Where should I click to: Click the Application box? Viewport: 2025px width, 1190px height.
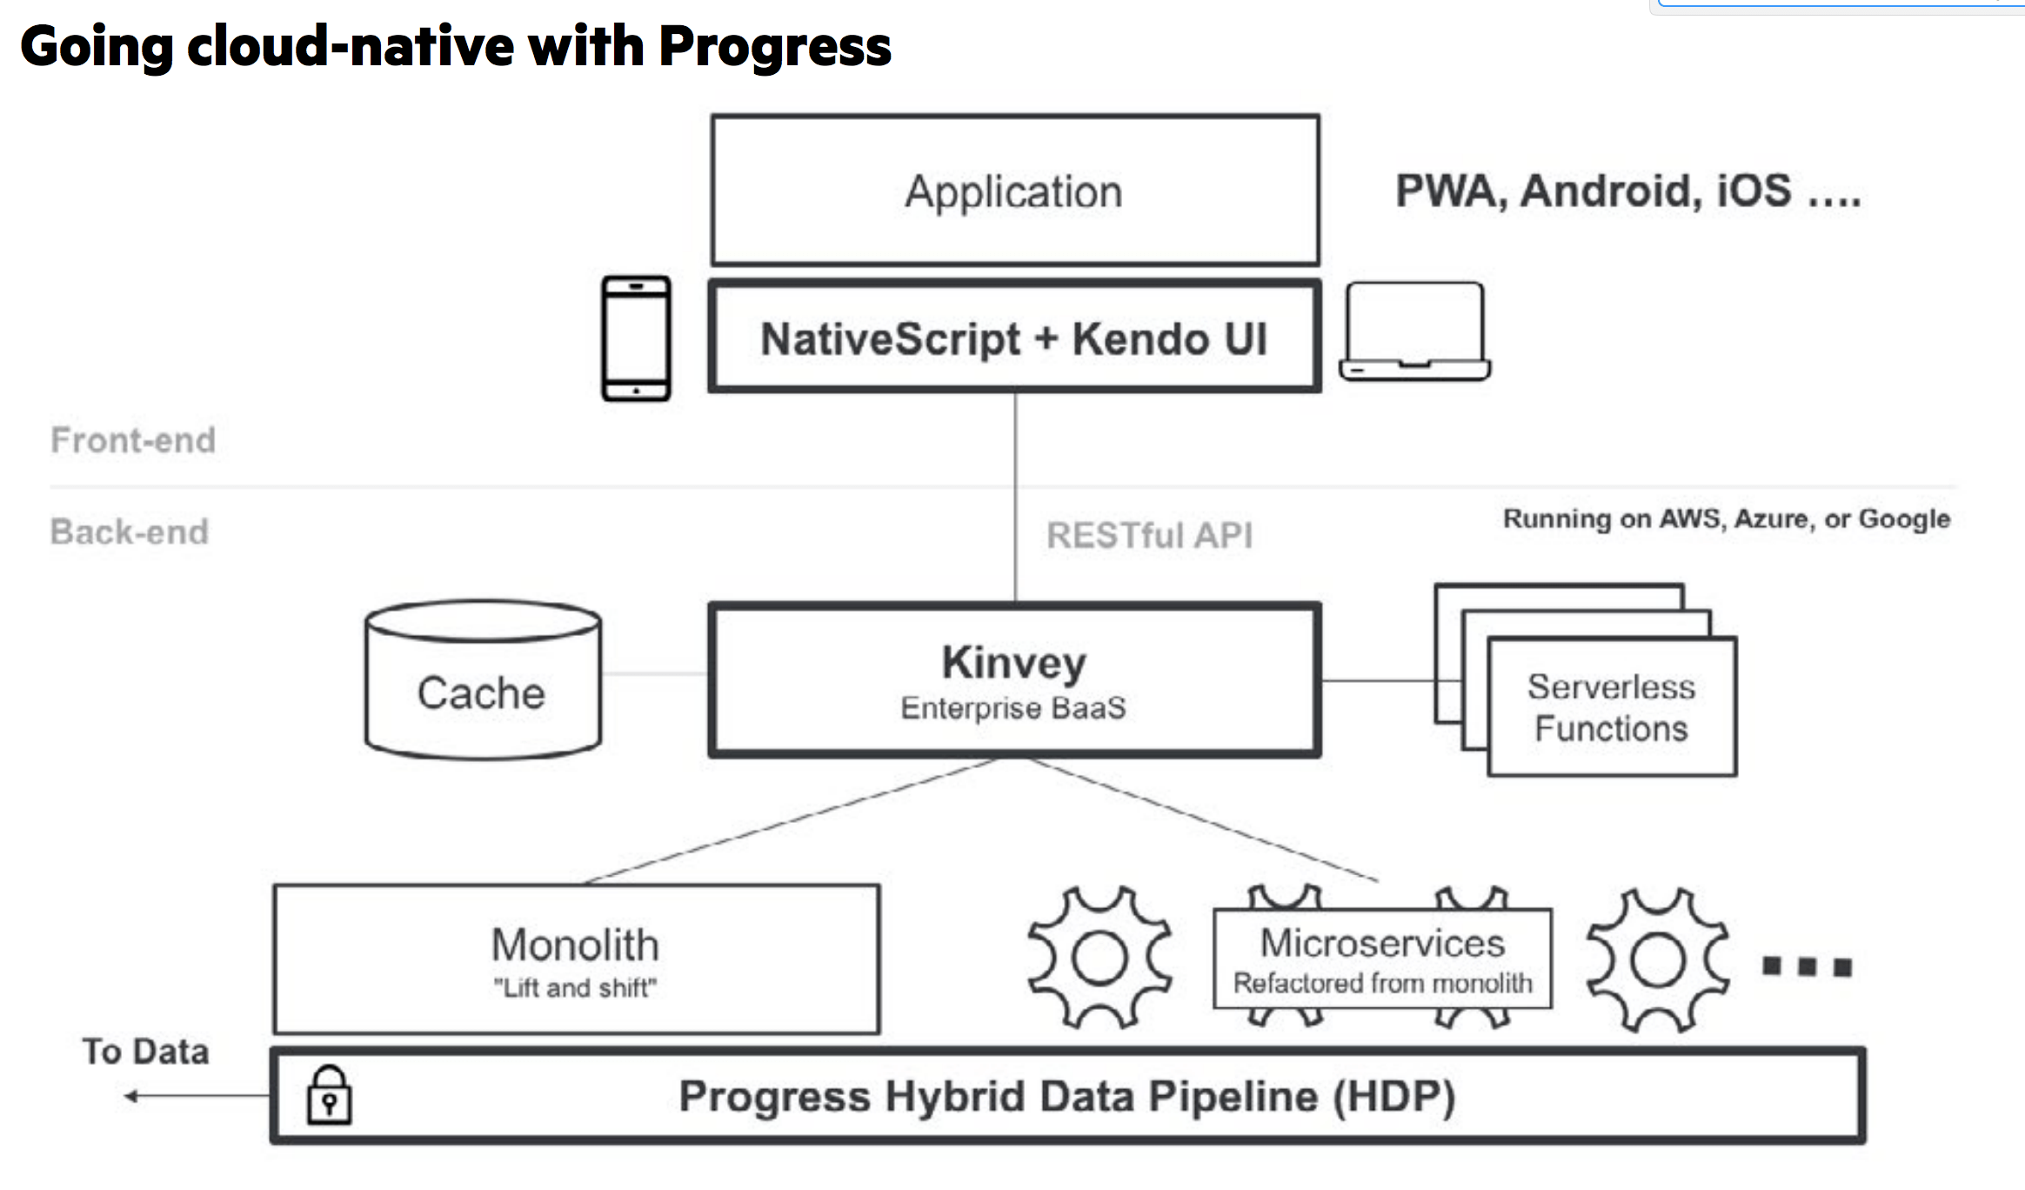click(x=1014, y=191)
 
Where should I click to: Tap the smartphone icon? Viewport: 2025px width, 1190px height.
click(x=636, y=338)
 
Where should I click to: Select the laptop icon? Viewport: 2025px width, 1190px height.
click(x=1414, y=331)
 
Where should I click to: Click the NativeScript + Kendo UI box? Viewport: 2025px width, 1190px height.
click(x=1014, y=338)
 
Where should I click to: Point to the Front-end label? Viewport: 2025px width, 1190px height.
click(x=133, y=440)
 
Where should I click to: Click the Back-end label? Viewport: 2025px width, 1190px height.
click(x=130, y=531)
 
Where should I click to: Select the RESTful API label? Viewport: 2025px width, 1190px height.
click(x=1149, y=535)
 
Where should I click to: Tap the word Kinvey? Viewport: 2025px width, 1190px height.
click(x=1014, y=663)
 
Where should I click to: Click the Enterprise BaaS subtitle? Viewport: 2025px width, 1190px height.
click(x=1013, y=708)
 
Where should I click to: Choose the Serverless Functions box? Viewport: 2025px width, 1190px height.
click(x=1611, y=707)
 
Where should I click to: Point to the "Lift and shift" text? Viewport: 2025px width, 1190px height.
click(x=575, y=988)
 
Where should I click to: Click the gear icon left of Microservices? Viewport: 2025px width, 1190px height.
click(x=1099, y=958)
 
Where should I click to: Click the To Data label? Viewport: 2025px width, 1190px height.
click(x=146, y=1051)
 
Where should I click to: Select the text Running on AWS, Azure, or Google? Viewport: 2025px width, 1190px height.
click(x=1726, y=518)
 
